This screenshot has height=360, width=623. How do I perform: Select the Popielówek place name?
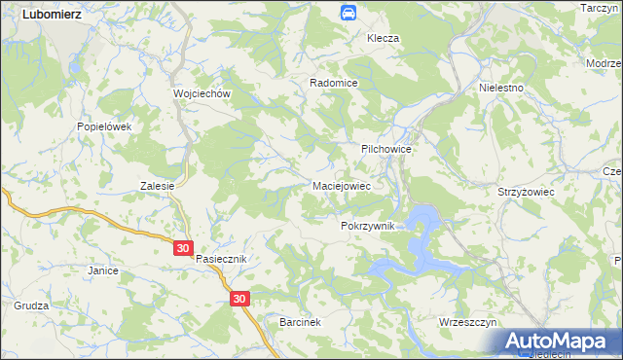[103, 126]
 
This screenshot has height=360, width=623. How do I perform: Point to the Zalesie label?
[157, 186]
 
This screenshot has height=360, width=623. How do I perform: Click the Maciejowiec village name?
[341, 184]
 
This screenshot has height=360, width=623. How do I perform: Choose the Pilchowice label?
[387, 149]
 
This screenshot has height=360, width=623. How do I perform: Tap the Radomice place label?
[334, 84]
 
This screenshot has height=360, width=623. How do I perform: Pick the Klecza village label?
[383, 38]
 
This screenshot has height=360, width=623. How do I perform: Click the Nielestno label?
[502, 87]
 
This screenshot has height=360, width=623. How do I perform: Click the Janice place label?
[102, 270]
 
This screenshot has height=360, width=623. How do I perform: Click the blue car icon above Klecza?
[348, 13]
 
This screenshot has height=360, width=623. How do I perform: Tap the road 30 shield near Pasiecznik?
[185, 248]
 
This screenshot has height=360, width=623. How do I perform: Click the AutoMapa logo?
[562, 341]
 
